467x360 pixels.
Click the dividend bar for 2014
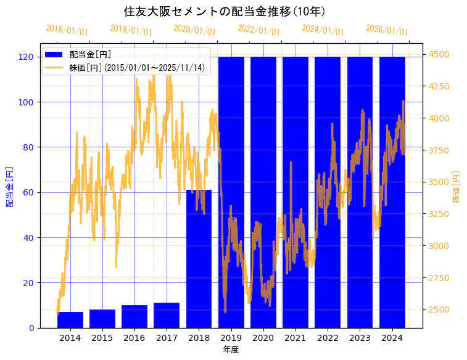[x=70, y=320]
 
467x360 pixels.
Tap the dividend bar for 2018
[x=199, y=259]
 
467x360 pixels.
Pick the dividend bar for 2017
[x=167, y=315]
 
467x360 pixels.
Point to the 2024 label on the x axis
[x=392, y=338]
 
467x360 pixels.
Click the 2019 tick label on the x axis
[x=231, y=338]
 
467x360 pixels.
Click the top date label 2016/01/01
[x=67, y=30]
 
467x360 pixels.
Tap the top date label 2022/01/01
[x=259, y=30]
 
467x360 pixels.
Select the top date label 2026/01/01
[x=387, y=30]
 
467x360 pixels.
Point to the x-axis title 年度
[x=231, y=350]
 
